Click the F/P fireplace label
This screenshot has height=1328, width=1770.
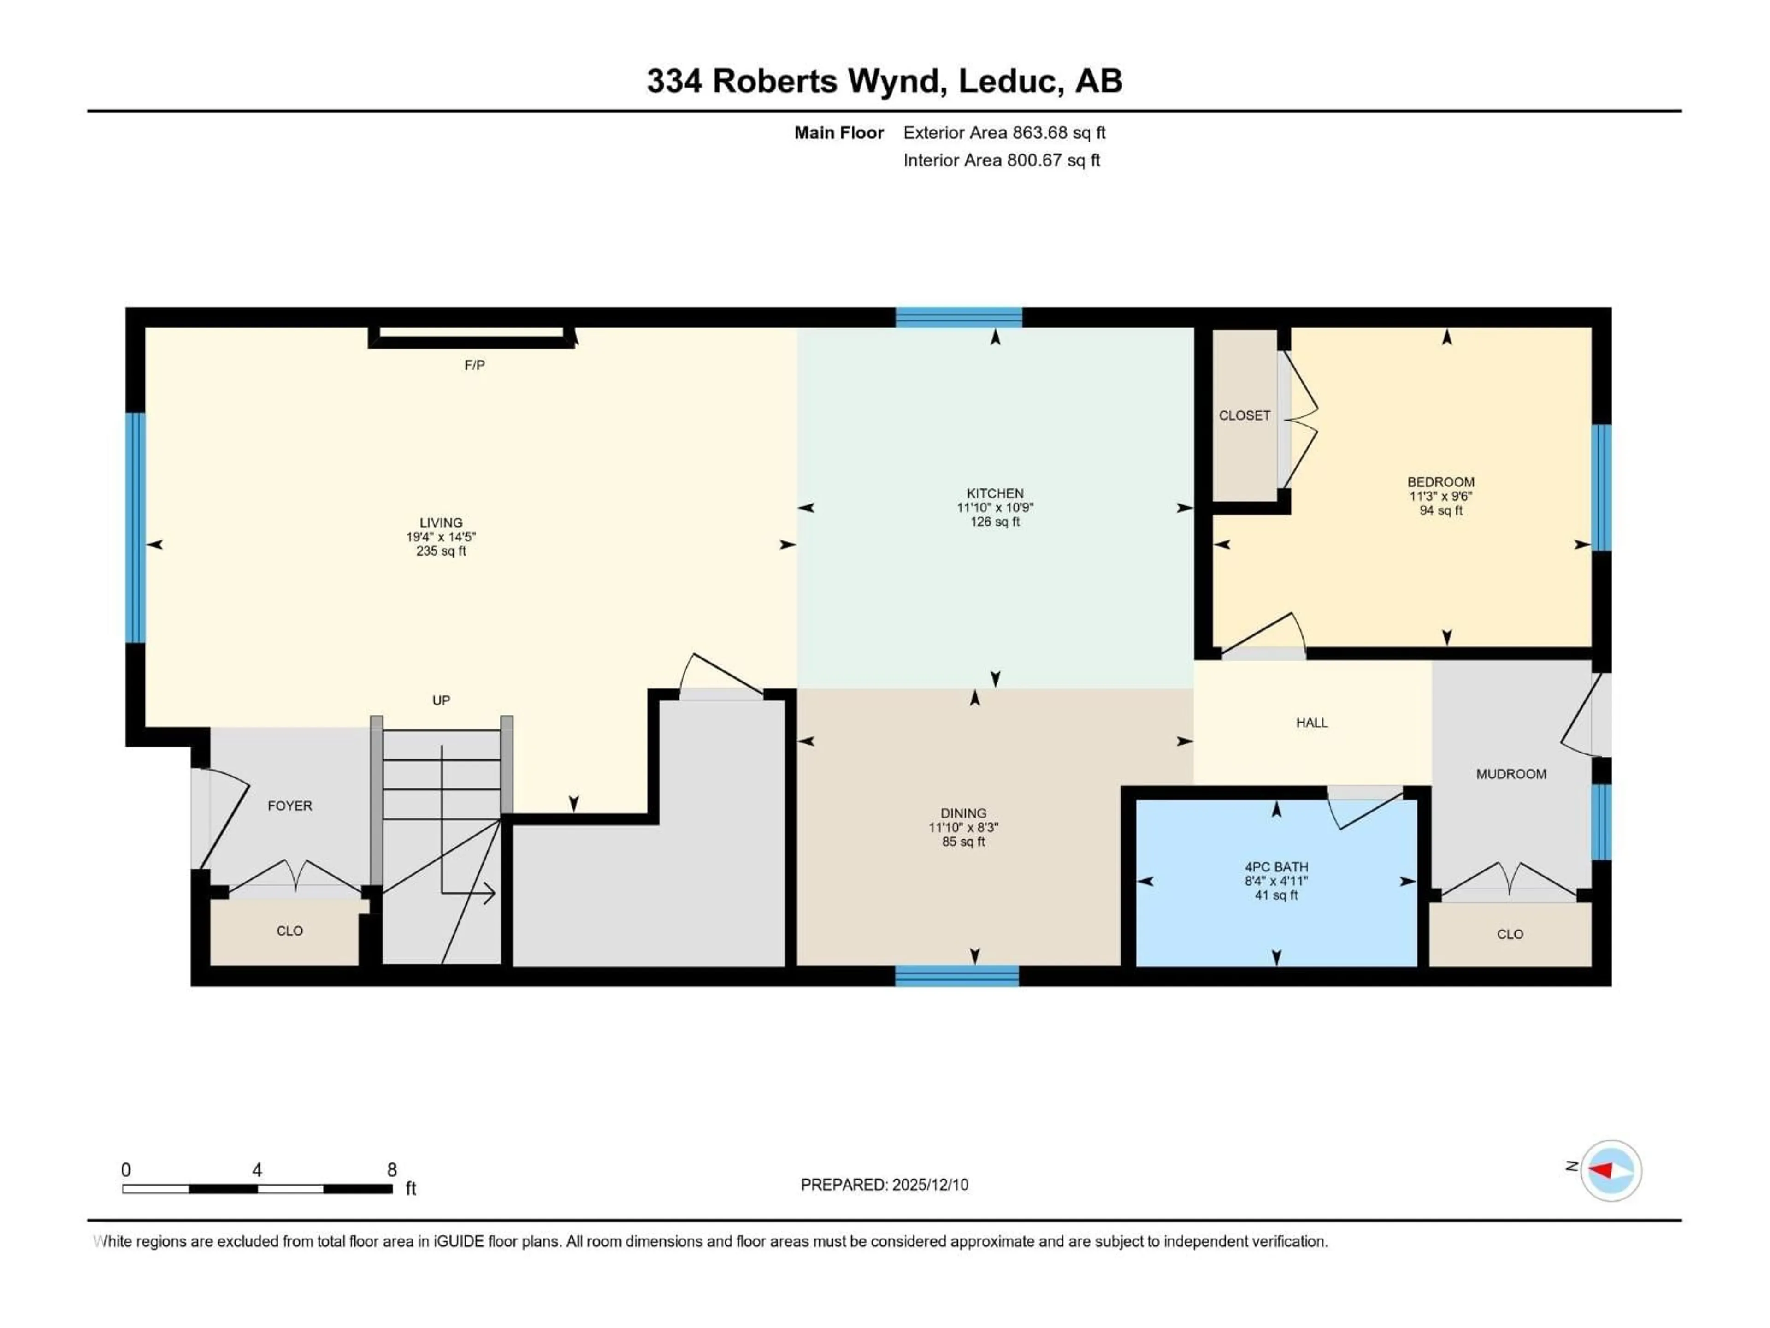[x=474, y=365]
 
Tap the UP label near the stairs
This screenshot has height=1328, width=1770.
[x=441, y=700]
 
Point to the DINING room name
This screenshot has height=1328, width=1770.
[x=963, y=812]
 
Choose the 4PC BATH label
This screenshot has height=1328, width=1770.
[x=1276, y=867]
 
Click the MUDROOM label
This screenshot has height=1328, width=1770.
[x=1511, y=774]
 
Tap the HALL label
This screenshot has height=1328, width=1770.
[x=1311, y=723]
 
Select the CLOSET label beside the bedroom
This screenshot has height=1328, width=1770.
[x=1244, y=415]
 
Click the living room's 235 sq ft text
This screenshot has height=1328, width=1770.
[x=441, y=551]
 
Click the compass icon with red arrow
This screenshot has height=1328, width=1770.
[x=1611, y=1170]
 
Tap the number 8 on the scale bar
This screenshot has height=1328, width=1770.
[x=392, y=1169]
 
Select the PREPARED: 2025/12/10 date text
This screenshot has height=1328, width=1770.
[x=884, y=1185]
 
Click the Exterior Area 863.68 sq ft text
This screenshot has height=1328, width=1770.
[x=1004, y=133]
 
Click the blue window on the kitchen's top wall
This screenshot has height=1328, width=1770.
[x=959, y=317]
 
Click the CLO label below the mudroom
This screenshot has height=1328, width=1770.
[x=1510, y=934]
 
